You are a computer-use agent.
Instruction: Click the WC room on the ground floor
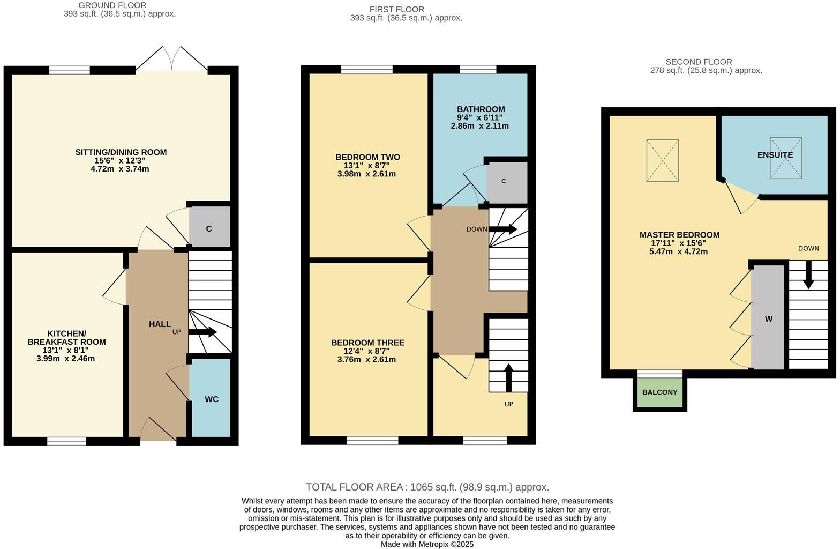[x=211, y=399]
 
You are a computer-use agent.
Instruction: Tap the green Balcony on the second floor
[x=659, y=392]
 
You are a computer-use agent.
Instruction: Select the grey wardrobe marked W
[x=768, y=318]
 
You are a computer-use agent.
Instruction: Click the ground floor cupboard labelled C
[x=209, y=228]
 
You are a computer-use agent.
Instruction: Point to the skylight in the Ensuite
[x=786, y=158]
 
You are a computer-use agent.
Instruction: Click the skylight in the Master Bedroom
[x=662, y=160]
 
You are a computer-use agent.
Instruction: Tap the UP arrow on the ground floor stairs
[x=202, y=332]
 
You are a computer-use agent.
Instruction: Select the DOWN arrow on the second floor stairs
[x=808, y=275]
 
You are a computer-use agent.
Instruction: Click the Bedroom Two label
[x=367, y=157]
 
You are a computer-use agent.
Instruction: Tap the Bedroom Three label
[x=367, y=343]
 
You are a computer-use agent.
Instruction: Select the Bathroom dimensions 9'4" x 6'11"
[x=480, y=117]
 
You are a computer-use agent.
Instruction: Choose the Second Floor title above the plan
[x=698, y=62]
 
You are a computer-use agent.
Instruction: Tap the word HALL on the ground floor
[x=160, y=324]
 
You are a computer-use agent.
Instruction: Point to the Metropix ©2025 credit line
[x=427, y=544]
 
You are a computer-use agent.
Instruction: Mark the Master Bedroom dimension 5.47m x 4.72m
[x=679, y=251]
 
